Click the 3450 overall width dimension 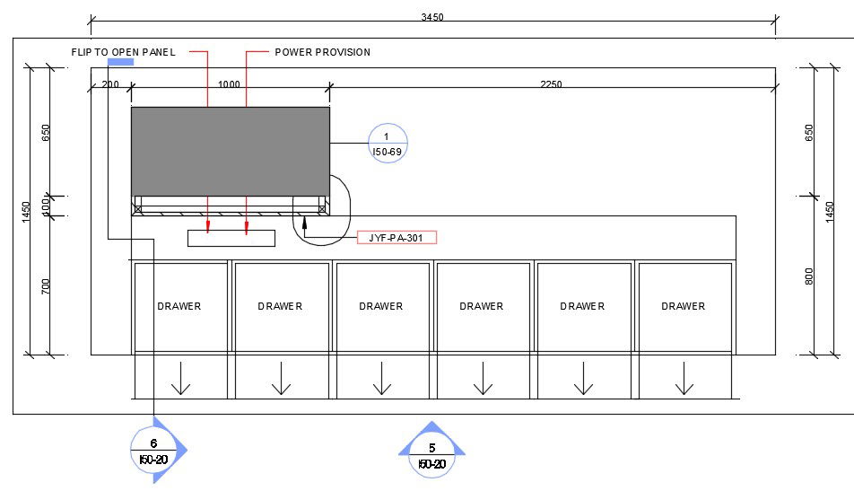432,17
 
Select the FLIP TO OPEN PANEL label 124,52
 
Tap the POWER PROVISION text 322,52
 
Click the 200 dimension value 110,83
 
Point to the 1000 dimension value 229,83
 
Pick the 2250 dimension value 551,83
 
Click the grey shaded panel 231,152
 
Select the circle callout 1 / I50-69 388,144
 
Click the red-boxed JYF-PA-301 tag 397,238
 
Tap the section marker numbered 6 154,450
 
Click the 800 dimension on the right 809,276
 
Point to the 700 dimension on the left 45,286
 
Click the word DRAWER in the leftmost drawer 179,306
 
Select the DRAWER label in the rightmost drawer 683,306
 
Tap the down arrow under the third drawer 382,378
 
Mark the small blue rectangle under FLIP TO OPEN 120,62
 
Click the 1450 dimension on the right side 829,212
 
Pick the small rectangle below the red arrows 231,238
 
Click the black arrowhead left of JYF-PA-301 304,221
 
